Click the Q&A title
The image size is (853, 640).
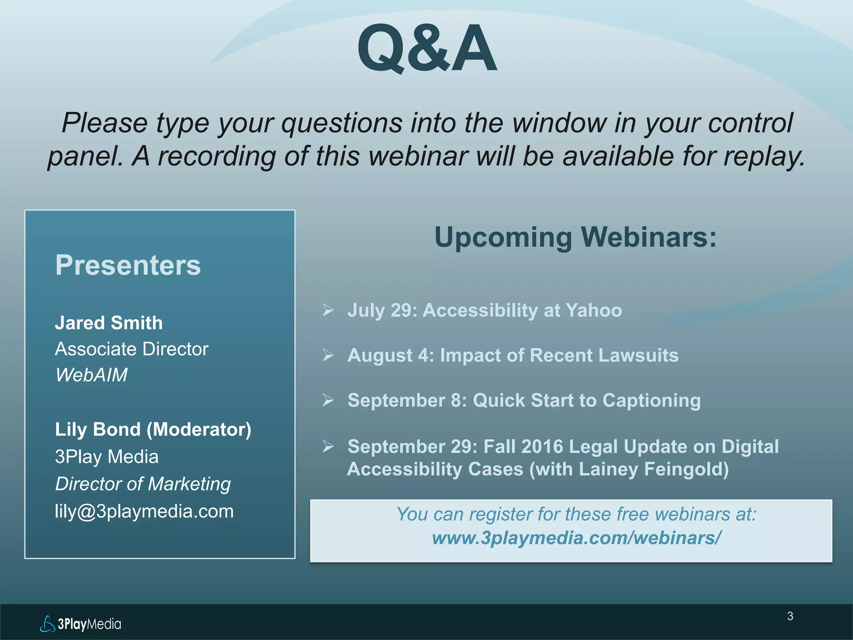click(426, 48)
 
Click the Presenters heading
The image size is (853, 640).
click(128, 265)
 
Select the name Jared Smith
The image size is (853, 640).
click(109, 323)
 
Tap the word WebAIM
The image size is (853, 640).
click(91, 375)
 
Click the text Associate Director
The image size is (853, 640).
click(131, 349)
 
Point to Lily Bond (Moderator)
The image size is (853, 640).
click(153, 430)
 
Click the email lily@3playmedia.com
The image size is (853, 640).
click(144, 511)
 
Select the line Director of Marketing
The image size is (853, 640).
click(142, 484)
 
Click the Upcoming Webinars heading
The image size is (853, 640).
click(575, 237)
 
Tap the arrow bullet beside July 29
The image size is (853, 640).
click(328, 310)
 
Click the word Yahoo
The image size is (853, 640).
click(594, 310)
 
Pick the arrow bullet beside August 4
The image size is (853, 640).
click(328, 355)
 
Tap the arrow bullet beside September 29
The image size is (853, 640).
click(328, 446)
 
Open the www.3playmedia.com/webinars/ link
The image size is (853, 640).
click(576, 538)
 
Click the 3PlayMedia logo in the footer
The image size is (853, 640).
click(81, 624)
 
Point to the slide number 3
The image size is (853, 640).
click(790, 616)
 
